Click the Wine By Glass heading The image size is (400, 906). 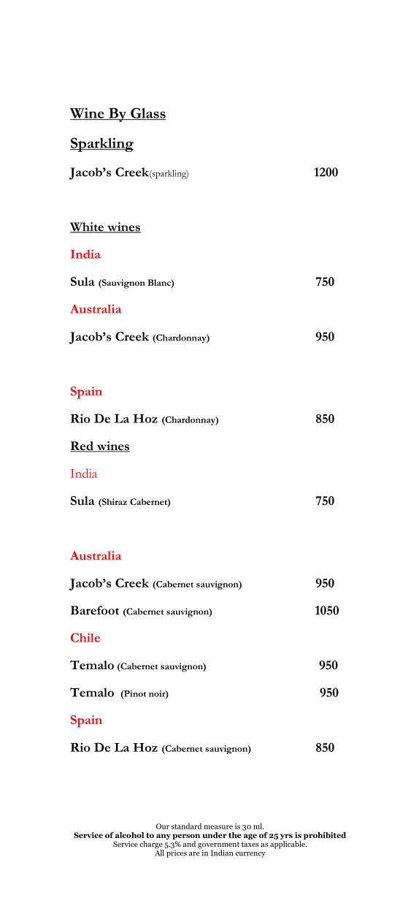click(x=118, y=114)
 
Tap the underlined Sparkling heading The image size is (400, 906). click(x=101, y=144)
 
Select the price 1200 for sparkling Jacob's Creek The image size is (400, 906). click(x=326, y=172)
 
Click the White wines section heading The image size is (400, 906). click(x=105, y=227)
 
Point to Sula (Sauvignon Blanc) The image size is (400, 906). click(x=122, y=282)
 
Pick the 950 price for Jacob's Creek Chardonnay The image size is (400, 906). click(x=325, y=337)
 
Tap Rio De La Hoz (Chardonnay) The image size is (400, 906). click(x=144, y=419)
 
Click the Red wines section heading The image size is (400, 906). click(x=99, y=446)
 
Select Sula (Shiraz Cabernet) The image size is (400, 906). click(x=120, y=501)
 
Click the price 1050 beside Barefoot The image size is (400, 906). click(x=326, y=611)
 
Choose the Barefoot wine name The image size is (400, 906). click(x=95, y=611)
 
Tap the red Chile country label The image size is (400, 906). click(x=85, y=638)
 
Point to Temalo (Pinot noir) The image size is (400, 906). click(x=119, y=693)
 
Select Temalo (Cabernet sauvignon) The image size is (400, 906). click(x=138, y=666)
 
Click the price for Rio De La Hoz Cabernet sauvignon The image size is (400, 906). click(x=325, y=747)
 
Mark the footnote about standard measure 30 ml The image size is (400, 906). click(x=209, y=826)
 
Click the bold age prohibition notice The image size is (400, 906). click(x=209, y=835)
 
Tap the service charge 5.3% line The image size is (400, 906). click(x=209, y=844)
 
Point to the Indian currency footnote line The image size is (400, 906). click(x=209, y=853)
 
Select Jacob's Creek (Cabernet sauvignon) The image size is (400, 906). click(x=155, y=584)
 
